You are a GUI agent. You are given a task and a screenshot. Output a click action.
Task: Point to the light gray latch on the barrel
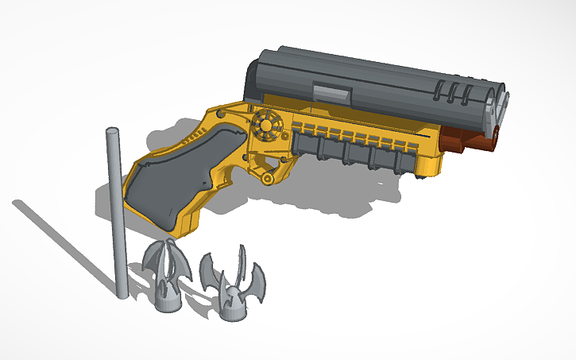(x=332, y=93)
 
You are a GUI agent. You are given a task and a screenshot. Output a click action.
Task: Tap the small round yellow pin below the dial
(x=269, y=179)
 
